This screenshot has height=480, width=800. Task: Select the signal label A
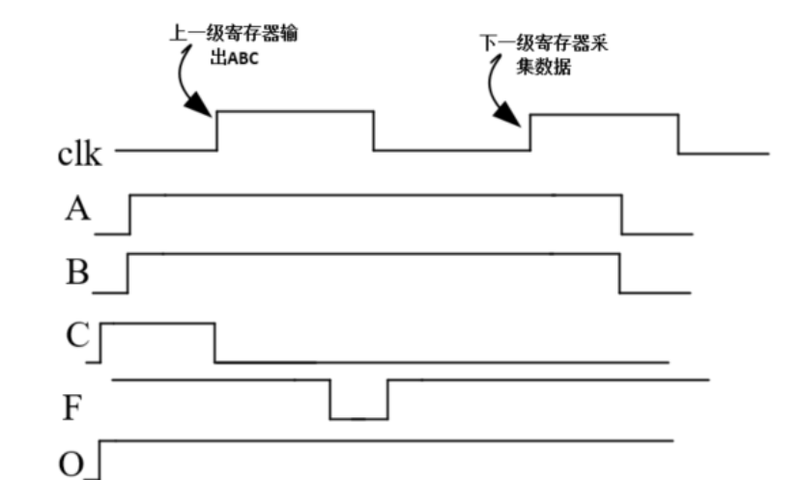pyautogui.click(x=75, y=212)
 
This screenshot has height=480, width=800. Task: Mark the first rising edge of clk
pyautogui.click(x=215, y=131)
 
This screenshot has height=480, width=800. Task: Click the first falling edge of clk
pyautogui.click(x=374, y=131)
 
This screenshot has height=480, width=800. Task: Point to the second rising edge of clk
pyautogui.click(x=530, y=132)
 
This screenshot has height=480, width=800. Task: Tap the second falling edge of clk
pyautogui.click(x=678, y=133)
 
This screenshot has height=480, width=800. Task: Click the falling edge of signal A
pyautogui.click(x=620, y=214)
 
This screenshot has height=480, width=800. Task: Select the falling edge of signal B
pyautogui.click(x=619, y=273)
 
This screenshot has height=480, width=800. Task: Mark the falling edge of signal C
pyautogui.click(x=214, y=342)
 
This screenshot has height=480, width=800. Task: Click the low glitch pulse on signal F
pyautogui.click(x=358, y=401)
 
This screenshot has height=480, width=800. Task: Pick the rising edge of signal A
pyautogui.click(x=130, y=214)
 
